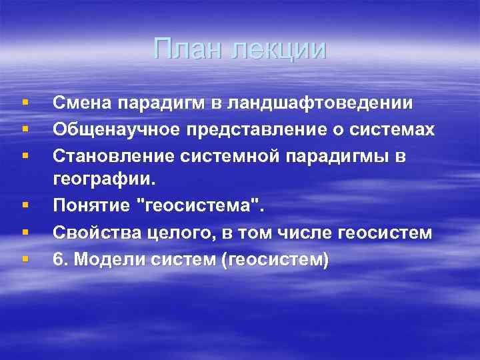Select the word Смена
[x=81, y=104]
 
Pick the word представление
[x=238, y=130]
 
